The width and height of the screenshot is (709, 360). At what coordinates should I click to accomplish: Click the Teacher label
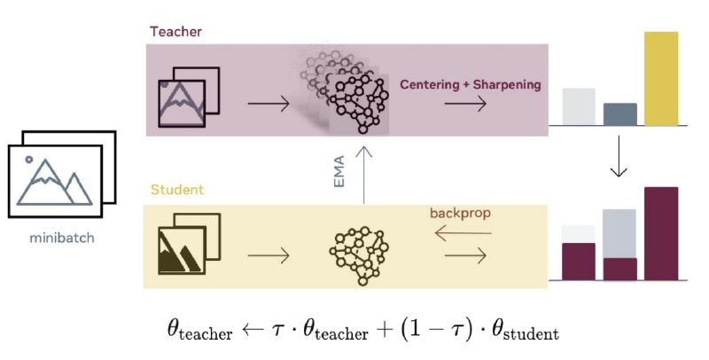coord(175,32)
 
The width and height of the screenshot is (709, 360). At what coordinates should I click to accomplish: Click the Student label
coord(177,190)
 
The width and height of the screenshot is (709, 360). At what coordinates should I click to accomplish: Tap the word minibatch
coord(62,238)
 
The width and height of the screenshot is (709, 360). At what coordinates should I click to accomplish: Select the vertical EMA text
coord(339,171)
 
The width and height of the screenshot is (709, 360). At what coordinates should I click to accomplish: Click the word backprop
coord(460,214)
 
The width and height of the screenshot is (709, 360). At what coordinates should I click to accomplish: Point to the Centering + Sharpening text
coord(471,84)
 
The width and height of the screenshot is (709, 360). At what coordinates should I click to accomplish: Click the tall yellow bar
coord(661,79)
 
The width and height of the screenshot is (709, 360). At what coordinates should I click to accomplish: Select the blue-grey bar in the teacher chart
coord(619,114)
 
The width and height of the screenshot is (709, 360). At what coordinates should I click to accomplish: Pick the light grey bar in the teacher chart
coord(579,106)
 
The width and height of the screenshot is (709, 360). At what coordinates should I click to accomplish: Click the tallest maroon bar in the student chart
coord(661,234)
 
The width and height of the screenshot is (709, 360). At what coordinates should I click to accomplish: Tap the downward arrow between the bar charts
coord(619,156)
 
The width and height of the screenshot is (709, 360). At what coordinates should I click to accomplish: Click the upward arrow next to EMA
coord(363,175)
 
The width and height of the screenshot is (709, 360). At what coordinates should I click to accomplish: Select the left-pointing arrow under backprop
coord(463,234)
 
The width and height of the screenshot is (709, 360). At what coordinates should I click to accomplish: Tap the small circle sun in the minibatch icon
coord(29,160)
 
